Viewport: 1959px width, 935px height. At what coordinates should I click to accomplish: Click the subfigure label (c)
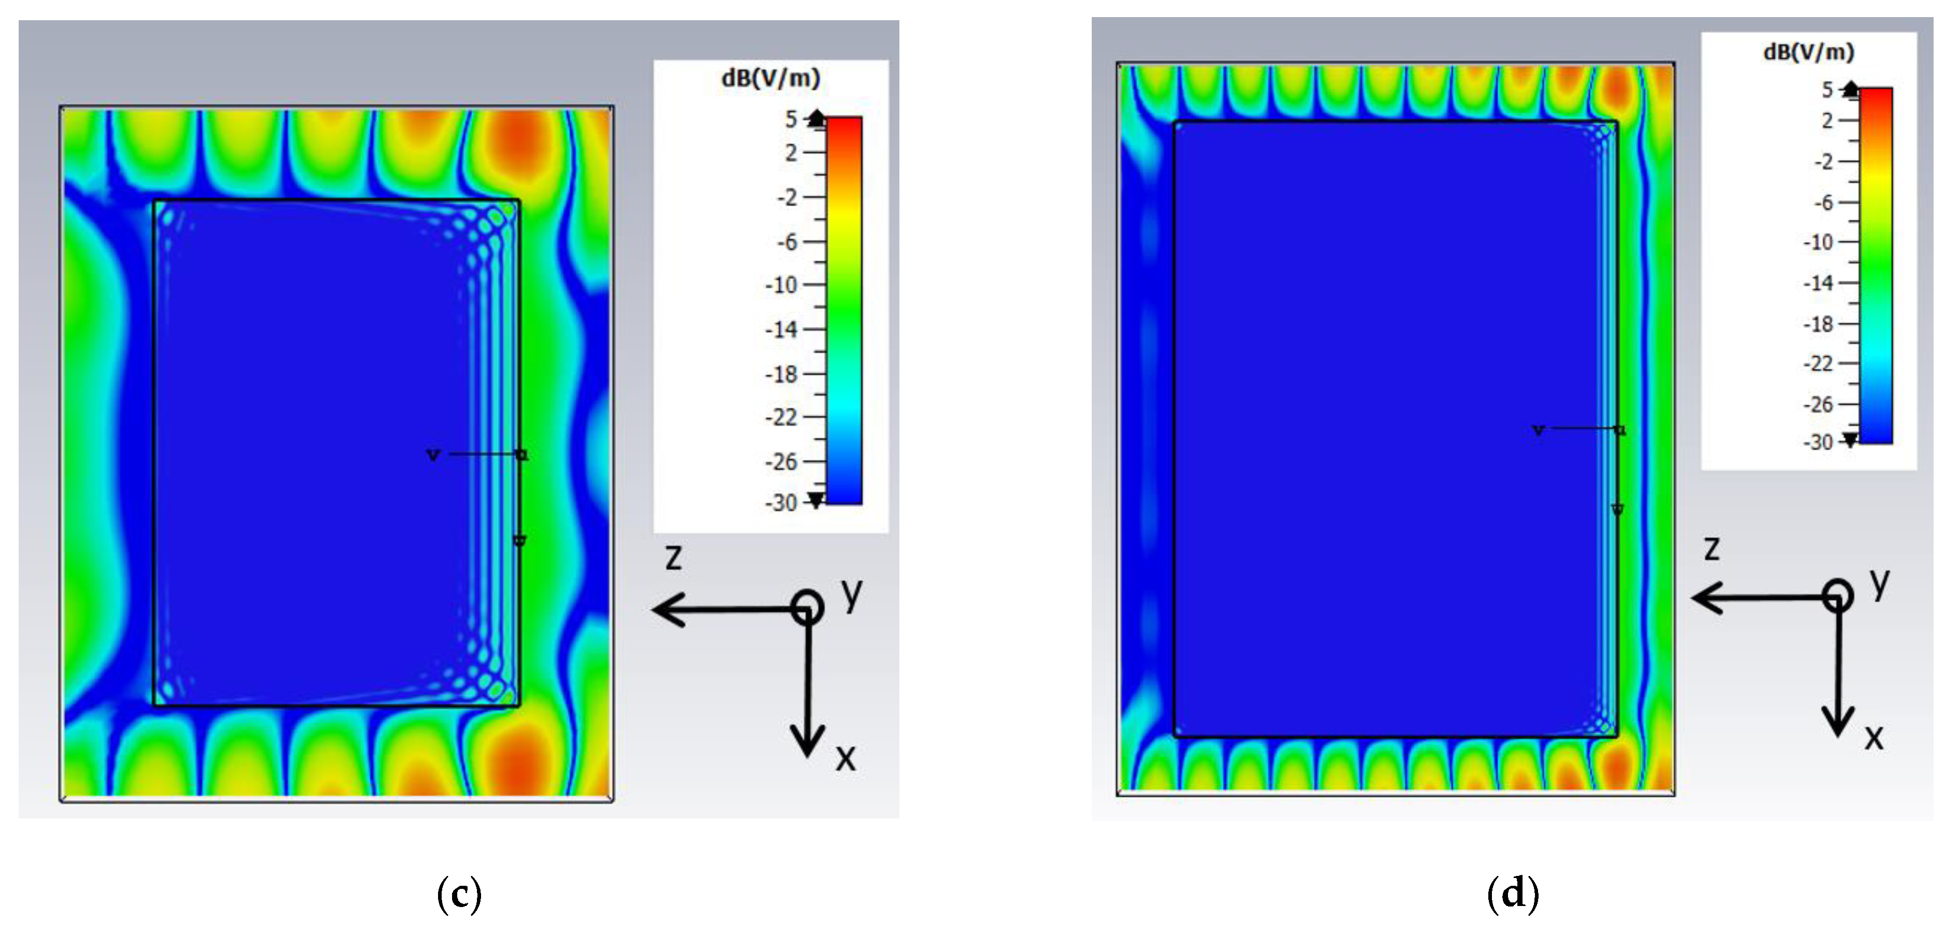tap(459, 895)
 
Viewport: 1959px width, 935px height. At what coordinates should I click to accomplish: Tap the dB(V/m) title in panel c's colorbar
tap(770, 78)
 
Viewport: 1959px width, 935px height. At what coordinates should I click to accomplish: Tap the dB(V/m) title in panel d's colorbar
tap(1809, 52)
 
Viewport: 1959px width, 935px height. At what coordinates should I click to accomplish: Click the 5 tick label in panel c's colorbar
tap(792, 119)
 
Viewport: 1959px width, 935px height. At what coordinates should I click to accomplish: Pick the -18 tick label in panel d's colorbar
tap(1819, 325)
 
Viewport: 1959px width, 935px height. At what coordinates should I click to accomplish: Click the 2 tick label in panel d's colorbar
tap(1827, 121)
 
